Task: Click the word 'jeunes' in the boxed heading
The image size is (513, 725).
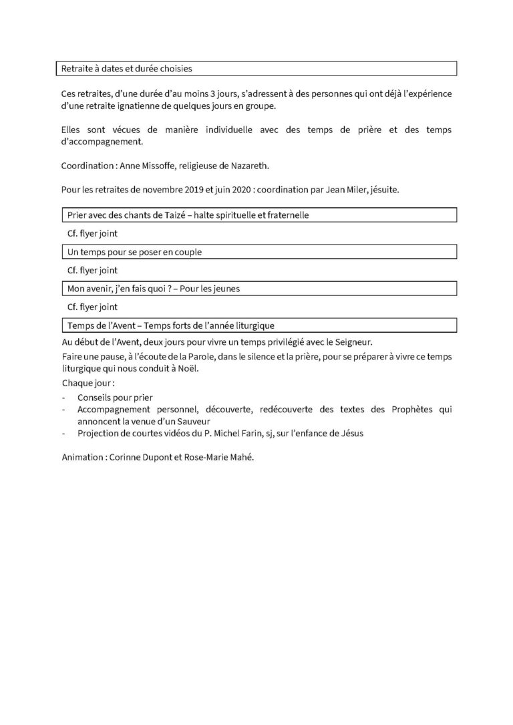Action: [224, 289]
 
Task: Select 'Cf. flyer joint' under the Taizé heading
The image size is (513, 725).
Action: [92, 234]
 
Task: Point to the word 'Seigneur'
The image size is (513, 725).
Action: [350, 341]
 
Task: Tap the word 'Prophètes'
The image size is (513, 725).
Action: [399, 410]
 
